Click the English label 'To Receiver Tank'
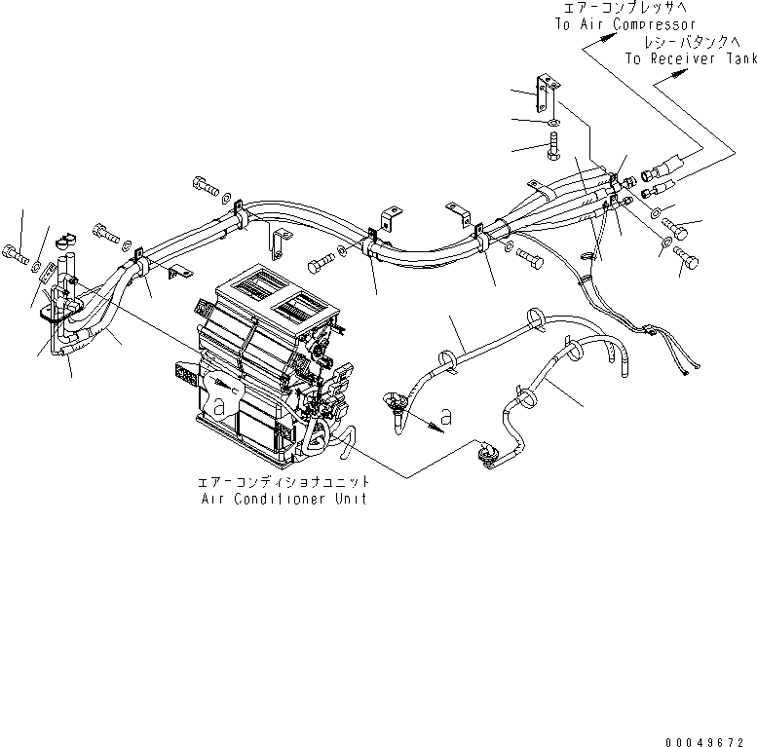click(690, 59)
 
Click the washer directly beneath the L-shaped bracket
click(552, 122)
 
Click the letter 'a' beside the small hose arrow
click(445, 417)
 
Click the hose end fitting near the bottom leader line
click(483, 450)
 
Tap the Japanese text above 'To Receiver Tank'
click(686, 44)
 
